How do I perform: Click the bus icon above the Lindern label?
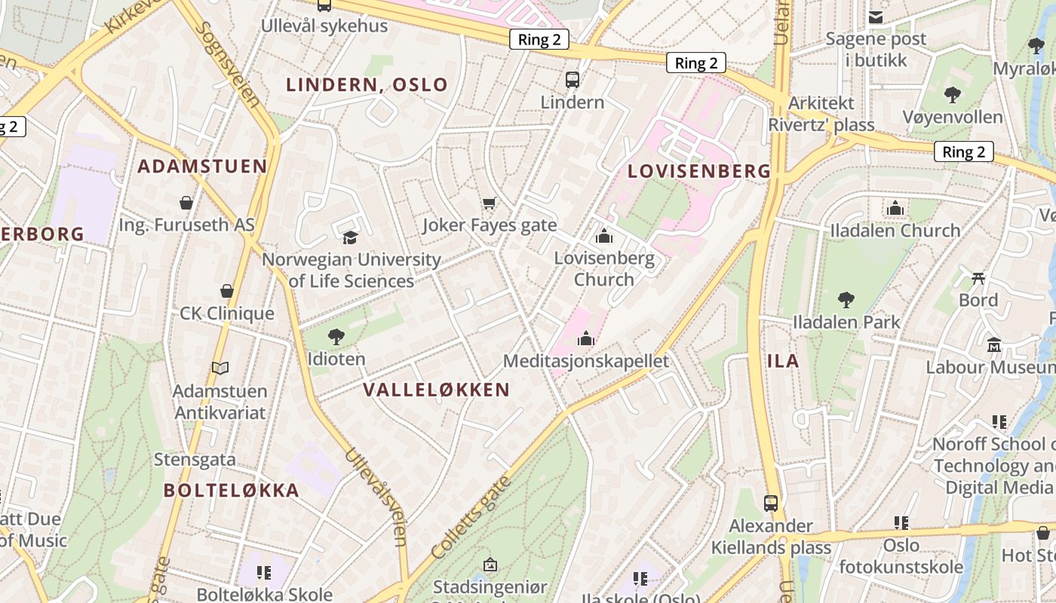point(573,79)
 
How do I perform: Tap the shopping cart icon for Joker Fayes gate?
point(490,203)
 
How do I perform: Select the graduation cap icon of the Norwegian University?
point(351,237)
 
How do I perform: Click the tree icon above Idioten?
point(336,337)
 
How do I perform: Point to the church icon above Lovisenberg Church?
point(603,237)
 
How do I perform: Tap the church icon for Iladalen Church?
point(895,208)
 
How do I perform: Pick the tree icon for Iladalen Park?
point(846,300)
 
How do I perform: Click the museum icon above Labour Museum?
point(994,345)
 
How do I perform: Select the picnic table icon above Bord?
point(978,278)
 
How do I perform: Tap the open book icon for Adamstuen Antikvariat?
point(219,368)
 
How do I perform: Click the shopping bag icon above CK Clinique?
point(226,291)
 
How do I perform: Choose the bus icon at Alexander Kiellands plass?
point(771,503)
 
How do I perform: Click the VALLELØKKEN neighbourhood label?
point(437,390)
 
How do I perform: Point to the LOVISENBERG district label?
point(699,171)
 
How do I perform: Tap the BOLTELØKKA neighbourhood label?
point(232,491)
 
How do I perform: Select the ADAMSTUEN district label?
point(202,167)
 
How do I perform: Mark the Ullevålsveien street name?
point(377,497)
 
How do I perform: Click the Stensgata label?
point(195,459)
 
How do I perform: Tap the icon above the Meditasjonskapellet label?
point(586,338)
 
